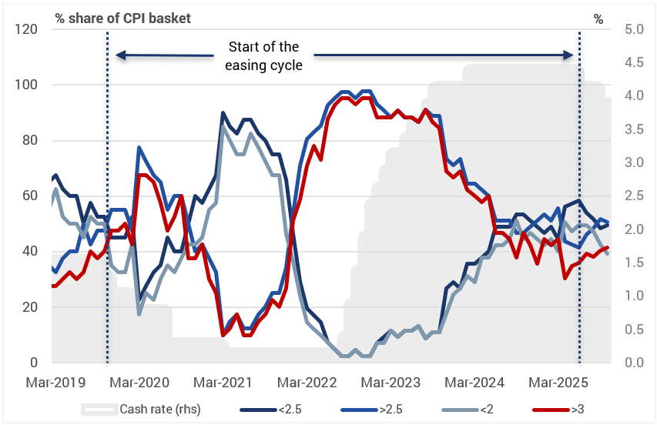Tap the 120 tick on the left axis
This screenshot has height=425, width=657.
click(28, 29)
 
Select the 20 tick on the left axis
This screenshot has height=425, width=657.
click(32, 306)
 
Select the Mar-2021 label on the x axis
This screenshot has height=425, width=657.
click(221, 382)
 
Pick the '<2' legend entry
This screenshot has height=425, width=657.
click(486, 409)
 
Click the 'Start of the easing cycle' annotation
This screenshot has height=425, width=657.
click(263, 56)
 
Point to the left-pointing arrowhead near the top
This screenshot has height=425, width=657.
click(119, 55)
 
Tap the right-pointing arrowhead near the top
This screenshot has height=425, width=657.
click(568, 55)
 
